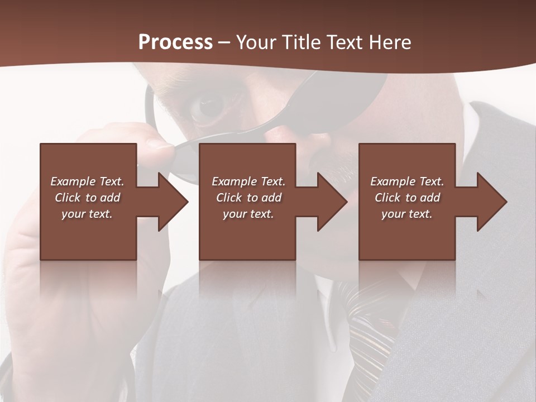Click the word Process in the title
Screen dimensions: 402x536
tap(175, 42)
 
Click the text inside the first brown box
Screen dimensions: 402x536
tap(87, 198)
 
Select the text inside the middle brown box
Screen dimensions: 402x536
tap(248, 198)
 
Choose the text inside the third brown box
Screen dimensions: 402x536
tap(407, 198)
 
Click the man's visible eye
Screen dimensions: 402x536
tap(208, 106)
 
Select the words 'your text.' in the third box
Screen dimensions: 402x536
tap(407, 214)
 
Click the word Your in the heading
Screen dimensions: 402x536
tap(257, 42)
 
